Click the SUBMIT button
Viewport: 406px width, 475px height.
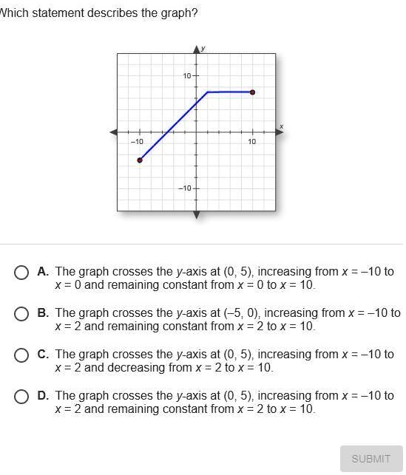tap(371, 458)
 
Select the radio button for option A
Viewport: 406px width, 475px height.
tap(23, 273)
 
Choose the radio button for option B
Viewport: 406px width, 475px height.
tap(23, 314)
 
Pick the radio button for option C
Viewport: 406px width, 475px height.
tap(23, 355)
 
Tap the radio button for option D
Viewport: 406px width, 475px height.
tap(23, 397)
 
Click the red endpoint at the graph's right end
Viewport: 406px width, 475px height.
tap(253, 92)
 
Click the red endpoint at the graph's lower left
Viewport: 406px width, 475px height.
tap(140, 160)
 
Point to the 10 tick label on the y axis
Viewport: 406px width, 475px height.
tap(187, 76)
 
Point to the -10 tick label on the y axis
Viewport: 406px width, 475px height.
tap(185, 188)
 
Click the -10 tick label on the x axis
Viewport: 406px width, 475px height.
tap(138, 141)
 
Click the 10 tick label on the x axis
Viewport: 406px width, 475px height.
tap(252, 141)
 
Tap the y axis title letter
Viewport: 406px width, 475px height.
tap(203, 48)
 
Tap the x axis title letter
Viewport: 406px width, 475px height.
tap(281, 126)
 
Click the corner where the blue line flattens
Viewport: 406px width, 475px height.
tap(208, 92)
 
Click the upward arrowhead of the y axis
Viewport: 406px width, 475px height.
tap(197, 49)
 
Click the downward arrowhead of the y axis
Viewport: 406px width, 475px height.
tap(197, 215)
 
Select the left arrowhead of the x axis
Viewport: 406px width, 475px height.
tap(114, 132)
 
